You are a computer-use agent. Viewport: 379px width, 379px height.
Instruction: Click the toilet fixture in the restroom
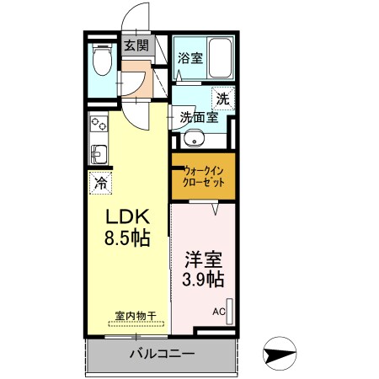coord(101,61)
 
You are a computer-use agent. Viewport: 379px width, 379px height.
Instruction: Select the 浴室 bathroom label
coord(189,58)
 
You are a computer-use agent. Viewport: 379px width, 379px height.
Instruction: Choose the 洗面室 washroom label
coord(200,117)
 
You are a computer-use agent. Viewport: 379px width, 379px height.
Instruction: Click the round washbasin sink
coord(193,140)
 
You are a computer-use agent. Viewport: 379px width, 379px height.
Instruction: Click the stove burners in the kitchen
coord(98,125)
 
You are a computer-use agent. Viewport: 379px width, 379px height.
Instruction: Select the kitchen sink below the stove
coord(97,153)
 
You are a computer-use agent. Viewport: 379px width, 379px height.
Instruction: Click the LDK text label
coord(124,216)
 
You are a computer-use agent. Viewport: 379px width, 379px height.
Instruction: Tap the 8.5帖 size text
coord(127,238)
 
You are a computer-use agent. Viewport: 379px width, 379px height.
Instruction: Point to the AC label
coord(218,312)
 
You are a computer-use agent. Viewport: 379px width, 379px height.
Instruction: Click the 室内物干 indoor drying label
coord(136,317)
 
